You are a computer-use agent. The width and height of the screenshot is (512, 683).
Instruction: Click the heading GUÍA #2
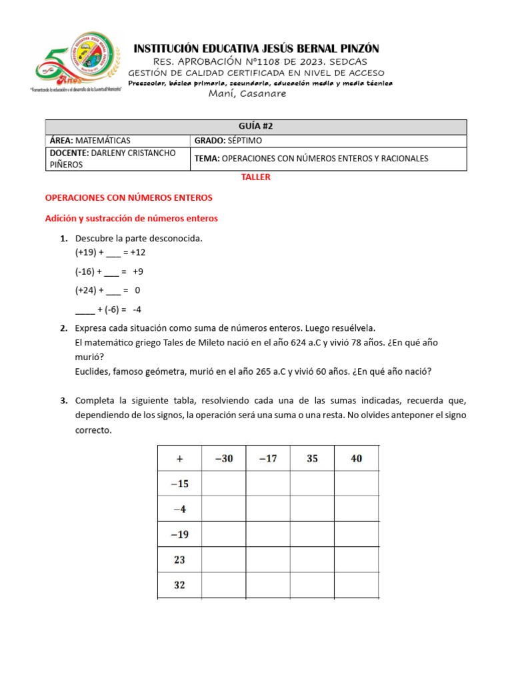pos(256,127)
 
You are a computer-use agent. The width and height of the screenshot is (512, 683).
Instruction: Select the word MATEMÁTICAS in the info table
pos(103,141)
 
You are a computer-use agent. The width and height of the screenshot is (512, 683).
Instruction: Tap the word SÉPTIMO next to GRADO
pos(244,141)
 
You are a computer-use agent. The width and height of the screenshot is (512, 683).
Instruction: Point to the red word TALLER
pos(256,177)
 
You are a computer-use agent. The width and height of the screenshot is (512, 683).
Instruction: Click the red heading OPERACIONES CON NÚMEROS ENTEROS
pos(128,197)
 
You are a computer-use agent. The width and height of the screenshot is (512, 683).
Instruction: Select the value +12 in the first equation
pos(138,253)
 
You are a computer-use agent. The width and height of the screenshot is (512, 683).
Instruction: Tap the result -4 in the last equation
pos(137,309)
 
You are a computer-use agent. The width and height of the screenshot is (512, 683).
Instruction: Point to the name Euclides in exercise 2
pos(92,372)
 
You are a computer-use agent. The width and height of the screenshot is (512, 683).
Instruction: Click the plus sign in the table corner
pos(179,459)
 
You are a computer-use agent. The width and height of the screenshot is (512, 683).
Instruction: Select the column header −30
pos(223,459)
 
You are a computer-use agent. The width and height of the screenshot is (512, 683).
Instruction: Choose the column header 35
pos(312,459)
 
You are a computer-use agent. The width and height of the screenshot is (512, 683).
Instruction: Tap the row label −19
pos(179,534)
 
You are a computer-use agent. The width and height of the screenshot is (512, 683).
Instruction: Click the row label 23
pos(179,560)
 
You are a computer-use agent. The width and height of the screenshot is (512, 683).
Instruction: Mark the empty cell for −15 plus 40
pos(357,484)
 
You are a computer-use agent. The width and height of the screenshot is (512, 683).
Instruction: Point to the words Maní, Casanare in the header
pos(247,94)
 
